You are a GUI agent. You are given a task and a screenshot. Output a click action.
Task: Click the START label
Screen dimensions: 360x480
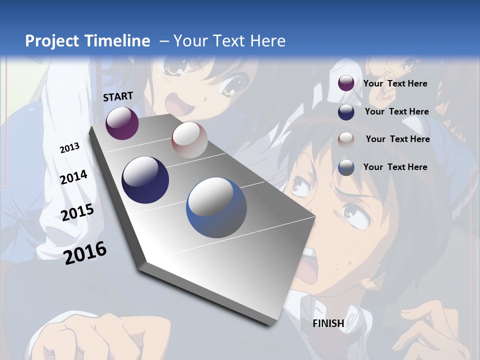coord(118,96)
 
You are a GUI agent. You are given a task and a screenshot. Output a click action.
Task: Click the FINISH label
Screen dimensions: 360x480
coord(328,323)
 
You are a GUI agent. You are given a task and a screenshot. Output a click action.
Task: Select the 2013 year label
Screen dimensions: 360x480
coord(69,148)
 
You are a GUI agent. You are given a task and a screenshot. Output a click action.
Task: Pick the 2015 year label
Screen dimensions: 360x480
coord(77,212)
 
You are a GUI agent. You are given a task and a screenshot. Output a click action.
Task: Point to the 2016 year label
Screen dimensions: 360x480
coord(85,252)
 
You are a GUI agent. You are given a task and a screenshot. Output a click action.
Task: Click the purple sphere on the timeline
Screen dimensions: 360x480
coord(122,123)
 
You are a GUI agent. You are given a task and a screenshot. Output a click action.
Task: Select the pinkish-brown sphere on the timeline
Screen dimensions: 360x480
coord(189,140)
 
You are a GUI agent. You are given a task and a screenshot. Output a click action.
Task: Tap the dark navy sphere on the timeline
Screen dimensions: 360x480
coord(145,180)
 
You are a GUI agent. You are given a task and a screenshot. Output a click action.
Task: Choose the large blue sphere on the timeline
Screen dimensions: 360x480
coord(216,207)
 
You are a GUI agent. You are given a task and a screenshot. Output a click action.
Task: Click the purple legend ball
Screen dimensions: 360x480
coord(346,83)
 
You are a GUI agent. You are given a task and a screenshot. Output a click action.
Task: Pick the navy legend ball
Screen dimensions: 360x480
coord(346,112)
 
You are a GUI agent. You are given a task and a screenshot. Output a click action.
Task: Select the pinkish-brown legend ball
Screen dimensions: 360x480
coord(346,139)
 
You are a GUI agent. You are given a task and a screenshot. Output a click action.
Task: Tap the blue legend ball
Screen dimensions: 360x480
coord(346,167)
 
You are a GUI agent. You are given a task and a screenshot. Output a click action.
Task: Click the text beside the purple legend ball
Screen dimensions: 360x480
coord(395,84)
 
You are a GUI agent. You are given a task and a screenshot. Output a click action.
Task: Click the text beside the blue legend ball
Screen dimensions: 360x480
coord(395,167)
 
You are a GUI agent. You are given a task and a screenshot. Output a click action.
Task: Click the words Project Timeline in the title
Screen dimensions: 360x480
coord(87,41)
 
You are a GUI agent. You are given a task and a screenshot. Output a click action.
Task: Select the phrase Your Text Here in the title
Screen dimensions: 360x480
coord(229,41)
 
